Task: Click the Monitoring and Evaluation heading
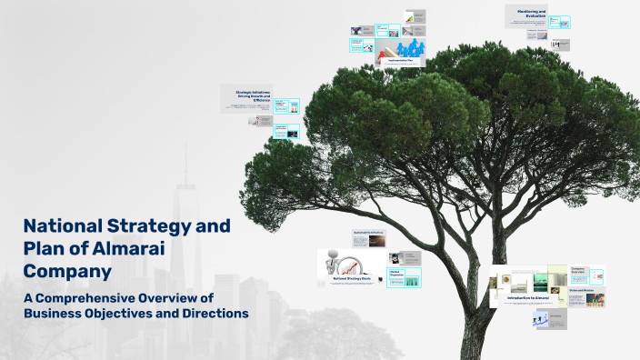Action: (530, 13)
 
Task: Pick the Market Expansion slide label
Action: (396, 272)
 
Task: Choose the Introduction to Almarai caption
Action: (528, 297)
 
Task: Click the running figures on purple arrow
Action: (541, 318)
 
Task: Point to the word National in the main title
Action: (64, 225)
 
